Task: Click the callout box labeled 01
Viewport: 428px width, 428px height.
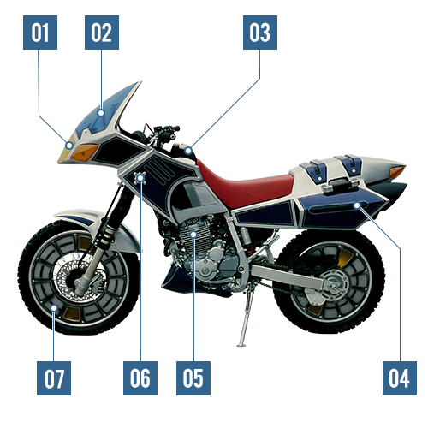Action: click(40, 33)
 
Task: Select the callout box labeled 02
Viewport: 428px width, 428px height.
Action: click(102, 33)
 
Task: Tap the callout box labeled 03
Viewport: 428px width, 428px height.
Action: click(260, 33)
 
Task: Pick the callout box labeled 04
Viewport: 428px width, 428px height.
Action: click(400, 378)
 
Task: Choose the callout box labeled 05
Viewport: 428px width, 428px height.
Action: click(193, 378)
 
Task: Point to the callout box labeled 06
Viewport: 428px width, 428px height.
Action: click(140, 378)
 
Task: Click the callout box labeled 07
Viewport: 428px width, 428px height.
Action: click(54, 378)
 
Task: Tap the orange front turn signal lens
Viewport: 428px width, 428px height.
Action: click(84, 152)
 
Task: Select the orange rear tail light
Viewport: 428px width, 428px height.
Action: click(397, 171)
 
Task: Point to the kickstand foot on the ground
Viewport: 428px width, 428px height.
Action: click(241, 345)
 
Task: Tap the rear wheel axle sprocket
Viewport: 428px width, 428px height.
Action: click(336, 286)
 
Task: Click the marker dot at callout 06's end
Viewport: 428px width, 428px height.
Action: click(140, 179)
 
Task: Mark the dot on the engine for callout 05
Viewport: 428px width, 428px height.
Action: click(193, 235)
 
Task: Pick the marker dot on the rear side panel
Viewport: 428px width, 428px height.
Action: click(357, 205)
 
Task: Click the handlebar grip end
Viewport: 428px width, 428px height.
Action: click(176, 128)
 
